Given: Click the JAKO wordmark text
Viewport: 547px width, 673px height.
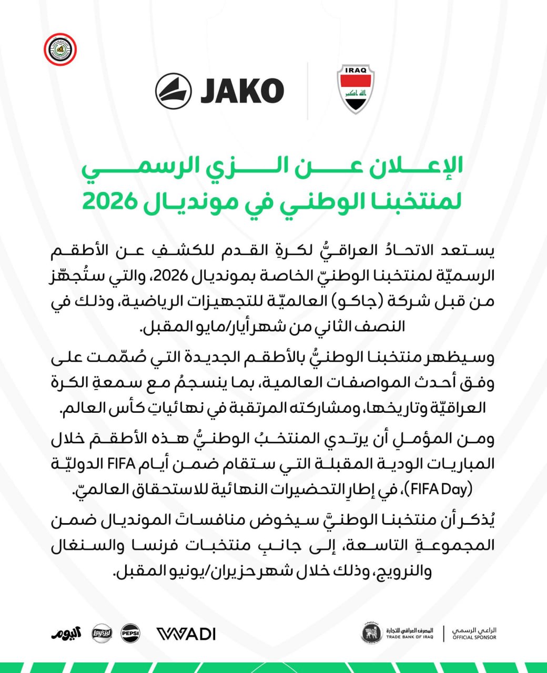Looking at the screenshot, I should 242,91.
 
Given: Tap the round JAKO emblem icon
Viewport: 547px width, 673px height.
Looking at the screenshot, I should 173,91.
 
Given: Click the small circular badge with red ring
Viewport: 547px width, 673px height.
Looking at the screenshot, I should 59,50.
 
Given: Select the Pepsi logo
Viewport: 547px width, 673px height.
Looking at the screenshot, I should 130,633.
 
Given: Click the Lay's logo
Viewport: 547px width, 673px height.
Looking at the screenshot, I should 101,633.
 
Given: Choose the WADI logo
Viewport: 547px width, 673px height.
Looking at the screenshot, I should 186,634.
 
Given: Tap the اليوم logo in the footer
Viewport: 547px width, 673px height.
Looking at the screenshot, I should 67,633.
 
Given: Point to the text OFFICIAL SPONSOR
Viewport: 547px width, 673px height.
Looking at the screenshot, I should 474,638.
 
